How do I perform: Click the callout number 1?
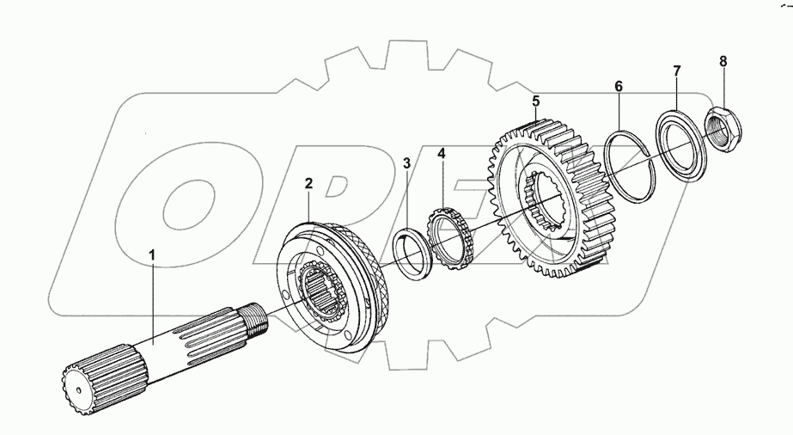[152, 255]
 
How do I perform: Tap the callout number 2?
[308, 183]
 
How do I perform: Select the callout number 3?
[407, 163]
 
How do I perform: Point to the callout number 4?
[442, 153]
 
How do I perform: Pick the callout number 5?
[536, 101]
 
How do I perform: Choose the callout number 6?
[619, 87]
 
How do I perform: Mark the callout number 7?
[677, 70]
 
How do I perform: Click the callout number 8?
[723, 61]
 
